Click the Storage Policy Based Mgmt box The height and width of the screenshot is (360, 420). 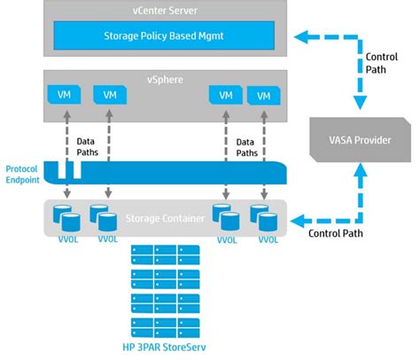(164, 35)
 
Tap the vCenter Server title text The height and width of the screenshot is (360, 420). (165, 11)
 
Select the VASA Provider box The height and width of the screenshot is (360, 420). (360, 139)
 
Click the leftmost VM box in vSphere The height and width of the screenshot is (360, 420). (64, 95)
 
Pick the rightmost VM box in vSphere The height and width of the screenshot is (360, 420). (264, 96)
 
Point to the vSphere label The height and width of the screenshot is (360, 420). (165, 80)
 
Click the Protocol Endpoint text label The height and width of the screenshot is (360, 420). (22, 175)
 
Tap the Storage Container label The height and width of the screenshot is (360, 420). (165, 218)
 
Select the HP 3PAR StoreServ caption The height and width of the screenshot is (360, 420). (164, 347)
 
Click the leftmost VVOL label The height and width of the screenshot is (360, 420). (68, 239)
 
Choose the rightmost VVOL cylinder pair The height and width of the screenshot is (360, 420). (264, 218)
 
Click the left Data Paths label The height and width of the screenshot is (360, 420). (88, 147)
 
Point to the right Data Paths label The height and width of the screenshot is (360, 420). (247, 147)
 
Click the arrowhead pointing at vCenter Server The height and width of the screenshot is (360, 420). (301, 37)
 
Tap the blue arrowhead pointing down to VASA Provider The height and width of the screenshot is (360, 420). (360, 103)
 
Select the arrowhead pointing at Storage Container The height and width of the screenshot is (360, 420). (297, 221)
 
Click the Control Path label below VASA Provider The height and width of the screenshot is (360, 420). (336, 233)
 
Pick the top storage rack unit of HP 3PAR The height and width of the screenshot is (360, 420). (166, 254)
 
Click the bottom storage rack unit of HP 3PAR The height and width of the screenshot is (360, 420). (166, 328)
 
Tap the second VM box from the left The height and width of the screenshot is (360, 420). (110, 95)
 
